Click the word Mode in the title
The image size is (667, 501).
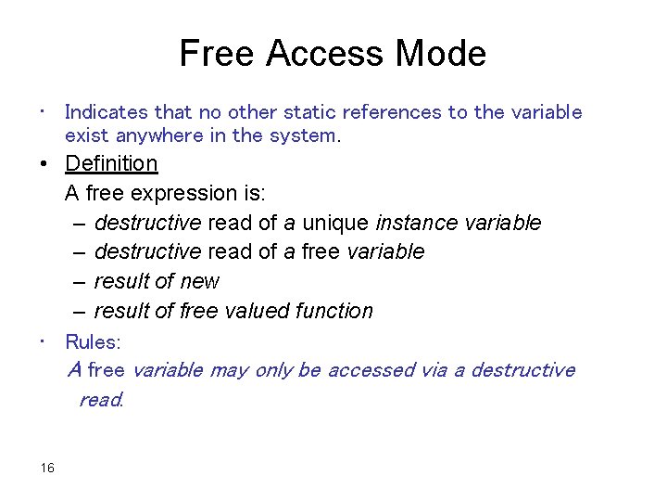click(440, 53)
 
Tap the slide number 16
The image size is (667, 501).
click(47, 468)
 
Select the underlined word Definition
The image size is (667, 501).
click(111, 163)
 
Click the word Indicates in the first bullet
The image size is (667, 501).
click(107, 112)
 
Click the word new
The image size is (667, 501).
click(202, 281)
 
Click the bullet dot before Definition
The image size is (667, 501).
click(43, 164)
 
